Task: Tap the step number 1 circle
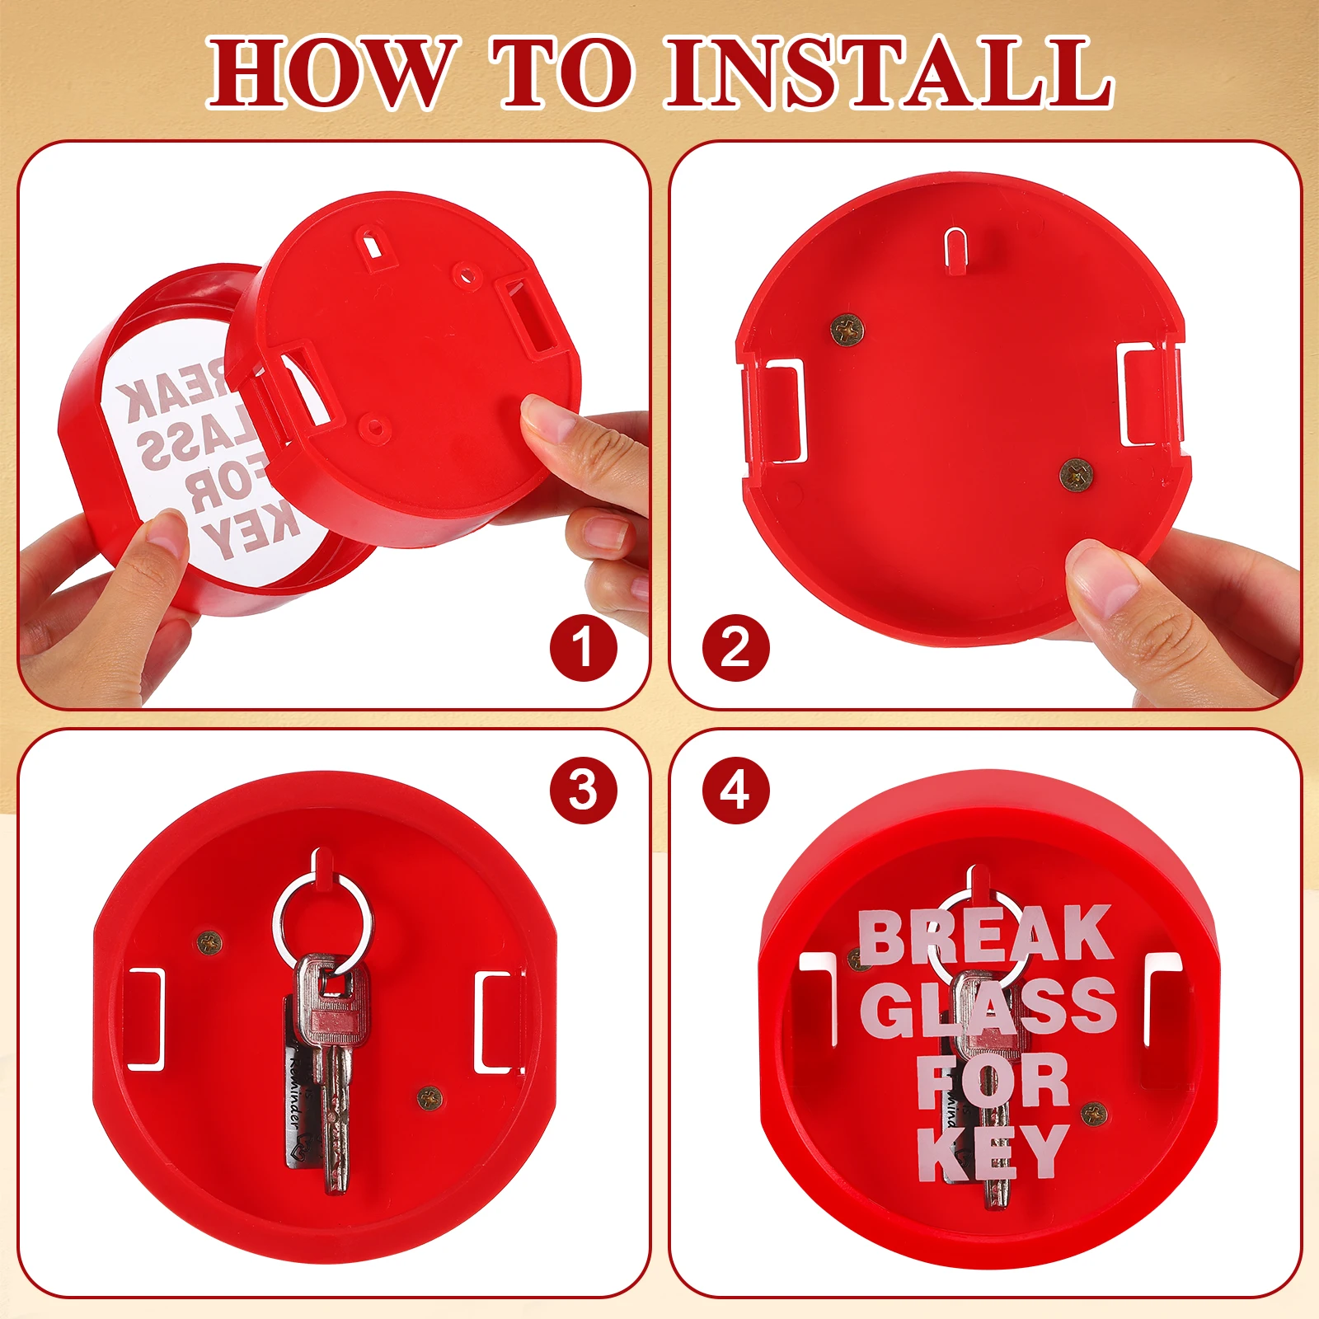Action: point(583,647)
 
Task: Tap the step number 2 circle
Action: point(735,647)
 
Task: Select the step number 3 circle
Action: point(583,790)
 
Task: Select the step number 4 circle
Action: point(735,790)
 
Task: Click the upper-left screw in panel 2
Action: point(847,331)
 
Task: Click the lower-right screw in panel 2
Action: point(1077,475)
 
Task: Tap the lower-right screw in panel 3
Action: point(429,1097)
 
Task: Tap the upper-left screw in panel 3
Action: point(209,941)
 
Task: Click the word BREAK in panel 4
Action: point(985,936)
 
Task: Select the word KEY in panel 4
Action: point(993,1152)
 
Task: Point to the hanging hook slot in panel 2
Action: point(956,247)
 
